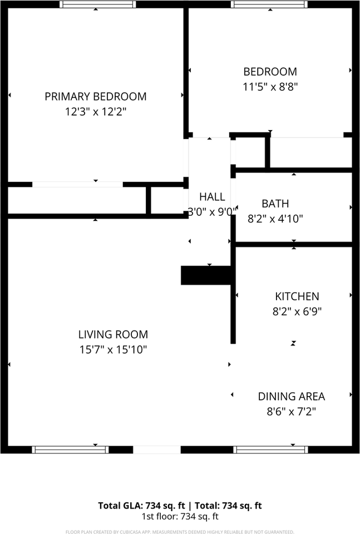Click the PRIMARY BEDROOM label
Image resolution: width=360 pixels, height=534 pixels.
click(95, 96)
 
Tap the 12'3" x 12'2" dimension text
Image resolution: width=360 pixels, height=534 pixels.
click(95, 111)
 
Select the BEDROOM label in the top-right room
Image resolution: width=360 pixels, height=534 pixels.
click(270, 71)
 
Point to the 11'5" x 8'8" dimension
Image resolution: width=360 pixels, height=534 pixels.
click(270, 86)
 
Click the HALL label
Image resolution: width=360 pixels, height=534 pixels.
click(212, 196)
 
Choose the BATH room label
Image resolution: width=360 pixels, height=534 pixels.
click(275, 204)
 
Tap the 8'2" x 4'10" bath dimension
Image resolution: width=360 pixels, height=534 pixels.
click(275, 219)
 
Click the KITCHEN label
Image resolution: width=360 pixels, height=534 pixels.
click(297, 296)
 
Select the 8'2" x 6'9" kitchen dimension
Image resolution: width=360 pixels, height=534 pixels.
click(297, 311)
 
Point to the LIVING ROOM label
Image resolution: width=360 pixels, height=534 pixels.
click(113, 334)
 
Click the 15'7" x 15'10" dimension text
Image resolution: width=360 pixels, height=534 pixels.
click(113, 349)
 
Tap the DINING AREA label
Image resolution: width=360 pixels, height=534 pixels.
click(291, 396)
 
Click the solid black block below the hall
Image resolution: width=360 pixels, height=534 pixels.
click(206, 275)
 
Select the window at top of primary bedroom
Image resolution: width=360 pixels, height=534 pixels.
click(97, 4)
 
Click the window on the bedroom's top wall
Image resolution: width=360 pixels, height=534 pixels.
click(269, 4)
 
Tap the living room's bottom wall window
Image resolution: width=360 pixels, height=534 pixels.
click(70, 449)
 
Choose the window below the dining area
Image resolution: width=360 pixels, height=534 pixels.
click(270, 449)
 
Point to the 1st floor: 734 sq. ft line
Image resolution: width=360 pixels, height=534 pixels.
click(180, 516)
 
